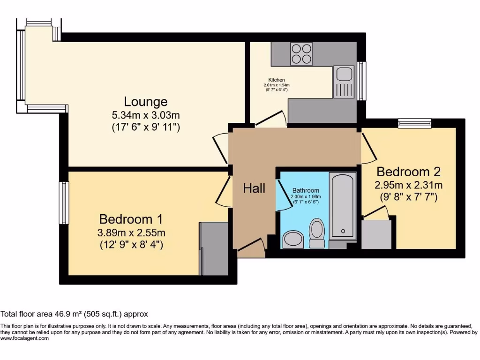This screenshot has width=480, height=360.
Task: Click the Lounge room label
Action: click(145, 101)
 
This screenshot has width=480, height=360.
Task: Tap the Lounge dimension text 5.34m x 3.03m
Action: click(146, 114)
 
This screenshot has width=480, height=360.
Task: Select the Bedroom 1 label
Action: click(132, 219)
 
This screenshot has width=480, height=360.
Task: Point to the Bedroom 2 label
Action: click(408, 172)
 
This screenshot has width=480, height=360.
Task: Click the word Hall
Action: click(254, 188)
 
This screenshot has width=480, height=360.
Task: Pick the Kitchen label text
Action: click(277, 80)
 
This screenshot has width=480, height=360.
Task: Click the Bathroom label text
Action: click(306, 190)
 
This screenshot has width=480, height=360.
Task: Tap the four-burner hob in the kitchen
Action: click(301, 53)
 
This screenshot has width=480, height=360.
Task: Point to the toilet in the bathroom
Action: click(317, 232)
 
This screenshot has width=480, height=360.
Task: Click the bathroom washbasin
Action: click(293, 239)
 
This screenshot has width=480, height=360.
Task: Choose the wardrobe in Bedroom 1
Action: click(213, 249)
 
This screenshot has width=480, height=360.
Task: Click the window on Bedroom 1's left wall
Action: click(64, 202)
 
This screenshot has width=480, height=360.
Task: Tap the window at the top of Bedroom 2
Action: click(414, 123)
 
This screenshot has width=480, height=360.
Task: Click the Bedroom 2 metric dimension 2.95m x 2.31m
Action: click(408, 185)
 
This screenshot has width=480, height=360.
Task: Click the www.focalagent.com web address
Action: click(25, 338)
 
